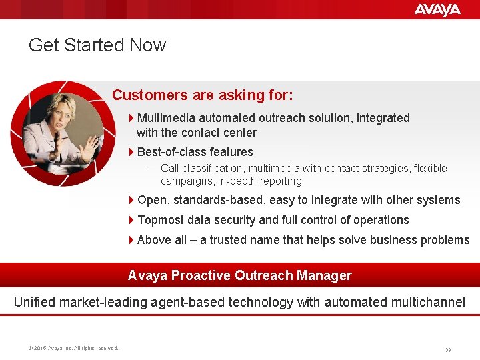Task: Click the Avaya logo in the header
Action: [437, 9]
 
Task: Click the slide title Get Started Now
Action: [97, 45]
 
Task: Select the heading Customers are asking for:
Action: [202, 95]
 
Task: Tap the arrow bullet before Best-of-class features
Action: [131, 152]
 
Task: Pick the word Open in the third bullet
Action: [152, 200]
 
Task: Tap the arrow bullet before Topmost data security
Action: [131, 220]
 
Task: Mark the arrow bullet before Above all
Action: [131, 240]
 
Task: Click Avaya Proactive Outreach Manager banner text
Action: [239, 275]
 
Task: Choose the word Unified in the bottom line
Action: [35, 303]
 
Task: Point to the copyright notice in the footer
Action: [73, 348]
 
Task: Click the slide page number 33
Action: [448, 349]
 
